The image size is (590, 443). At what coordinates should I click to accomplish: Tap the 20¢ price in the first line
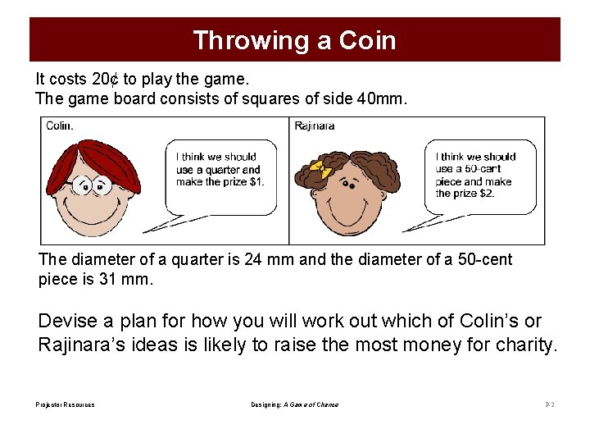(106, 80)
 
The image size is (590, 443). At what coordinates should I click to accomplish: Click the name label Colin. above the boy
(60, 126)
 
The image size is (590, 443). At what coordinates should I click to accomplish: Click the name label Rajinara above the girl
(315, 126)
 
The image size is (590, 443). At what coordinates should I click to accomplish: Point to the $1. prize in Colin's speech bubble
(253, 182)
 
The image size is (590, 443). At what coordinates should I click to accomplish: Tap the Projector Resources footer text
(65, 404)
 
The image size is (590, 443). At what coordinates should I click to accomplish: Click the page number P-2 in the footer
(549, 404)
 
